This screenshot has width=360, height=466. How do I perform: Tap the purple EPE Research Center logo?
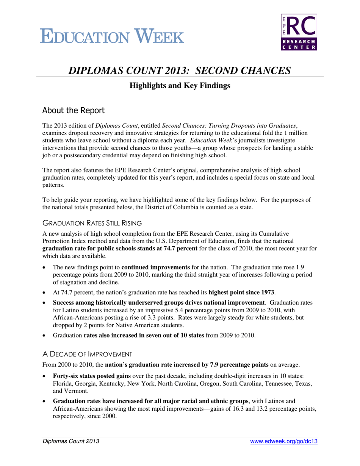[299, 32]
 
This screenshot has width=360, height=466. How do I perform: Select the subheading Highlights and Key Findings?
[180, 86]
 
